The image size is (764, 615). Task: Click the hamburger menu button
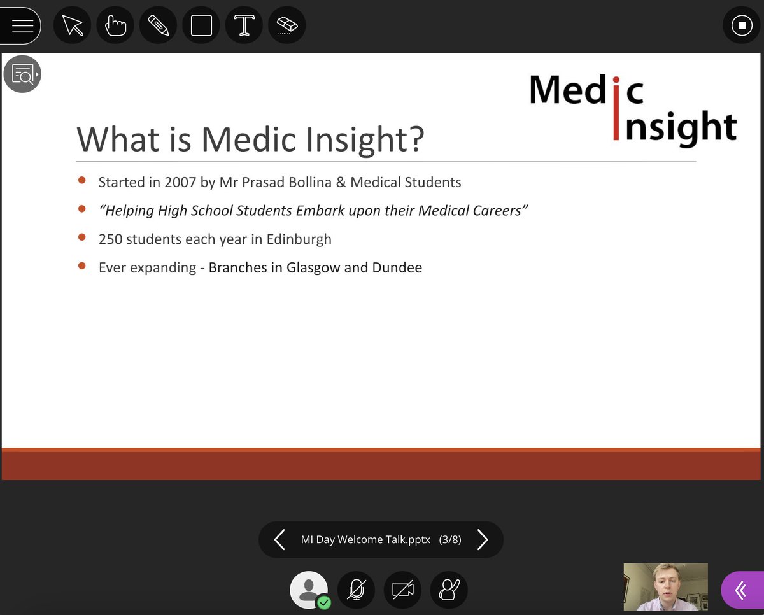coord(22,25)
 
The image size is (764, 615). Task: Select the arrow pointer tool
coord(73,25)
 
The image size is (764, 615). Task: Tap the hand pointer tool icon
coord(115,25)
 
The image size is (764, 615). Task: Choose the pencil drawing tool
coord(158,25)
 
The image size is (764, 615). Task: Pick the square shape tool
coord(201,25)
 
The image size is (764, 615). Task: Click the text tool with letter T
coord(244,25)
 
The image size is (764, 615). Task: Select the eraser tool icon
coord(287,25)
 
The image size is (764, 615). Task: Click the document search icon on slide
coord(22,74)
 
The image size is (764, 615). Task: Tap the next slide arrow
coord(483,540)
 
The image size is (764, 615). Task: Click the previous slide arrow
coord(279,540)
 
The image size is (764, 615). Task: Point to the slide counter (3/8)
coord(450,540)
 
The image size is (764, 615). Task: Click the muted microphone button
coord(356,590)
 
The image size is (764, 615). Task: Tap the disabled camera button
coord(402,590)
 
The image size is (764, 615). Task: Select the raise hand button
coord(449,590)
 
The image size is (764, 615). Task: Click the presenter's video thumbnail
coord(665,586)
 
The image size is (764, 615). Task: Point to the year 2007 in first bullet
coord(180,183)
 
